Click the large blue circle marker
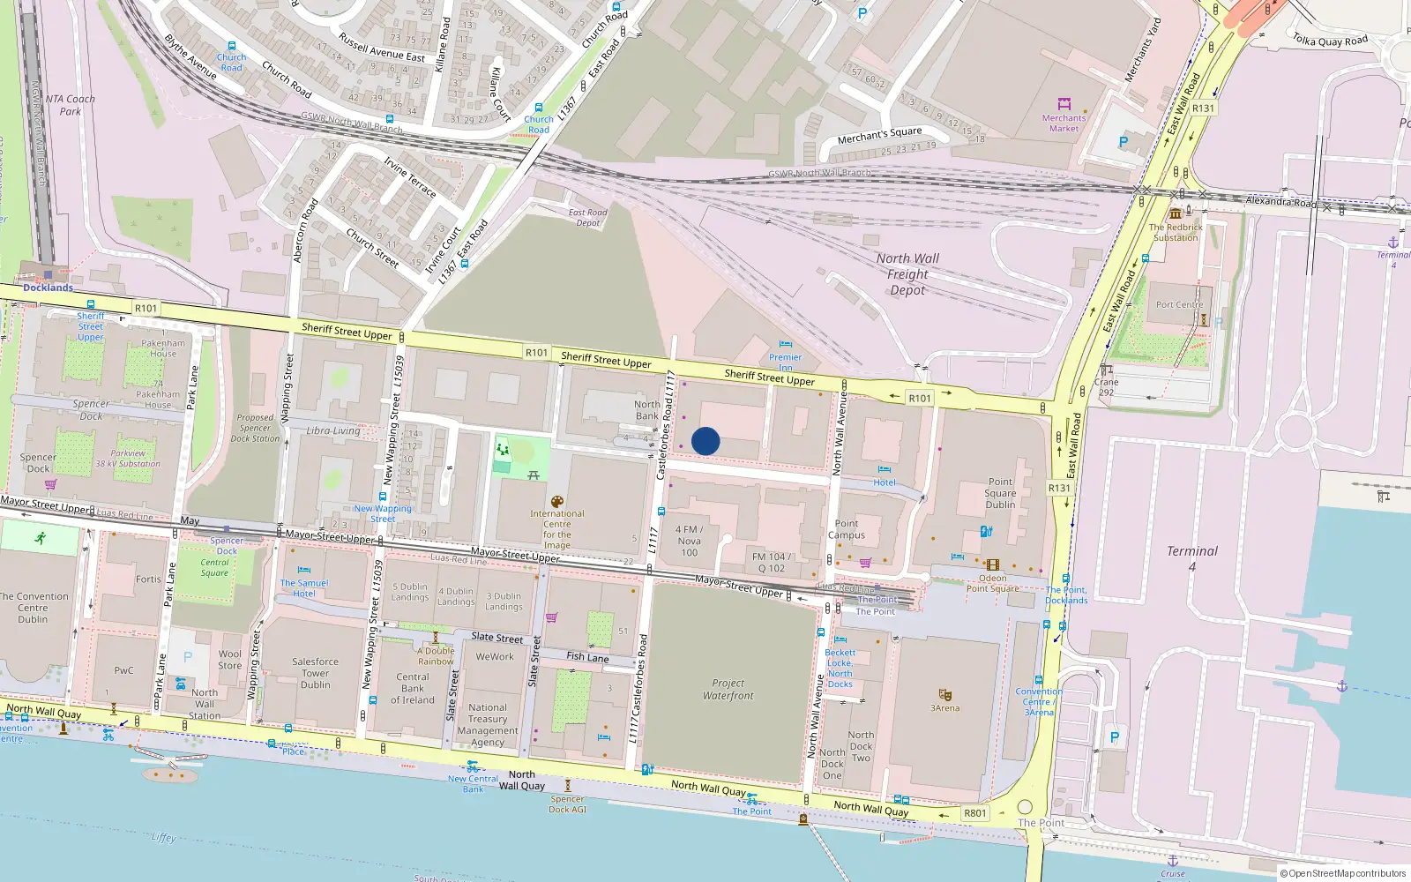coord(705,441)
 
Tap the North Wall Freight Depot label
coord(907,274)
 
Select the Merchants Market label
coord(1064,123)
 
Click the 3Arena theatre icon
coord(944,695)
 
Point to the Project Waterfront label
coord(728,690)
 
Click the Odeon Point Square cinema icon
coord(993,565)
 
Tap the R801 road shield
coord(974,813)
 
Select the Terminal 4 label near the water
coord(1191,557)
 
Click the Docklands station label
coord(48,288)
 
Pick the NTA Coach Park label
coord(70,105)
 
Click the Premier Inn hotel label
coord(785,362)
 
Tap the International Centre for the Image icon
coord(557,502)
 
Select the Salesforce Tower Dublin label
coord(315,673)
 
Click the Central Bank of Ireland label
coord(413,689)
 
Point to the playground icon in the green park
coord(503,450)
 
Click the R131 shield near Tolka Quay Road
coord(1203,108)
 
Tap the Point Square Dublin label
coord(1000,494)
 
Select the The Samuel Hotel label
coord(304,588)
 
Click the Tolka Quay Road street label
coord(1330,40)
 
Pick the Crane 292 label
coord(1106,387)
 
